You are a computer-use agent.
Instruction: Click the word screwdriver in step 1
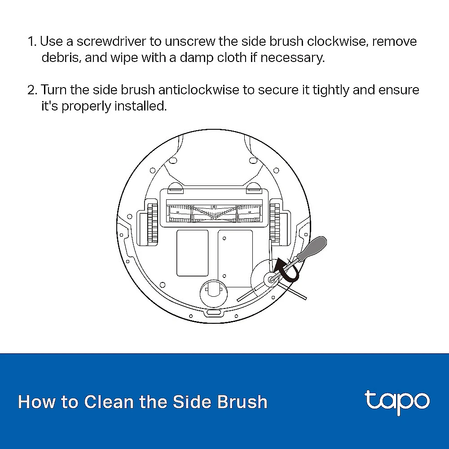[111, 41]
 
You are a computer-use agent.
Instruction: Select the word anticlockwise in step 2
[198, 90]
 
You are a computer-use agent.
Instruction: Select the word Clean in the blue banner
[109, 402]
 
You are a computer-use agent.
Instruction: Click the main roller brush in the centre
[214, 213]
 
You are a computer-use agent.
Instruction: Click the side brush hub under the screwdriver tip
[270, 279]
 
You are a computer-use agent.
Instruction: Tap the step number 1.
[32, 41]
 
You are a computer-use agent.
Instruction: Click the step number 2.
[32, 90]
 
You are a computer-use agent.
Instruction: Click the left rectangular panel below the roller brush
[193, 253]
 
